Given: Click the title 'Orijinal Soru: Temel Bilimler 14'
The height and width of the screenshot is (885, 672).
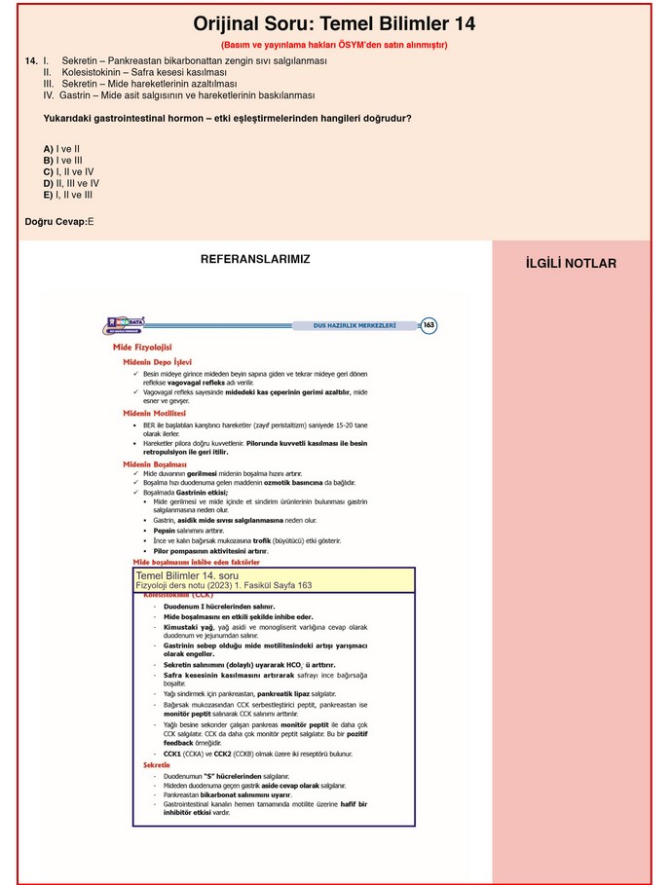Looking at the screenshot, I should tap(334, 24).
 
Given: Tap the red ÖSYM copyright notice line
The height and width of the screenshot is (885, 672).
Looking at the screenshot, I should tap(334, 45).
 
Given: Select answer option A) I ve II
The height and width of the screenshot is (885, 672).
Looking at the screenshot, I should tap(61, 149).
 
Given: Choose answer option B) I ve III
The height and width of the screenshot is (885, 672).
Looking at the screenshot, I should tap(62, 161).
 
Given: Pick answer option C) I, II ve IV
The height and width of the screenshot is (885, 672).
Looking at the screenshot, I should tap(68, 171).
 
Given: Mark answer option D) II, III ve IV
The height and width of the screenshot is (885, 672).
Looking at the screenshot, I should tap(71, 183).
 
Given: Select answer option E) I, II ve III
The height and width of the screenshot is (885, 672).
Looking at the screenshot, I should tap(68, 195).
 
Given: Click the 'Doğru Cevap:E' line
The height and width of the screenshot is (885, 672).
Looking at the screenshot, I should tap(59, 222).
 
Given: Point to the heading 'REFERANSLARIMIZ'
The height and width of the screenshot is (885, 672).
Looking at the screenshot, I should tap(255, 259).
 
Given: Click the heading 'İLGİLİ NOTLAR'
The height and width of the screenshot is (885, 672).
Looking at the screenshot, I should tap(571, 264).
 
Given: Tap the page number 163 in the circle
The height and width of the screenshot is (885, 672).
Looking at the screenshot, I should tap(428, 325).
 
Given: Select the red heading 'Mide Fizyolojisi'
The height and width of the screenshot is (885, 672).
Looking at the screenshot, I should tap(142, 348).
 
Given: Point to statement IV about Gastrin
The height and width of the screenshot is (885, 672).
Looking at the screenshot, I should tap(178, 95).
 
